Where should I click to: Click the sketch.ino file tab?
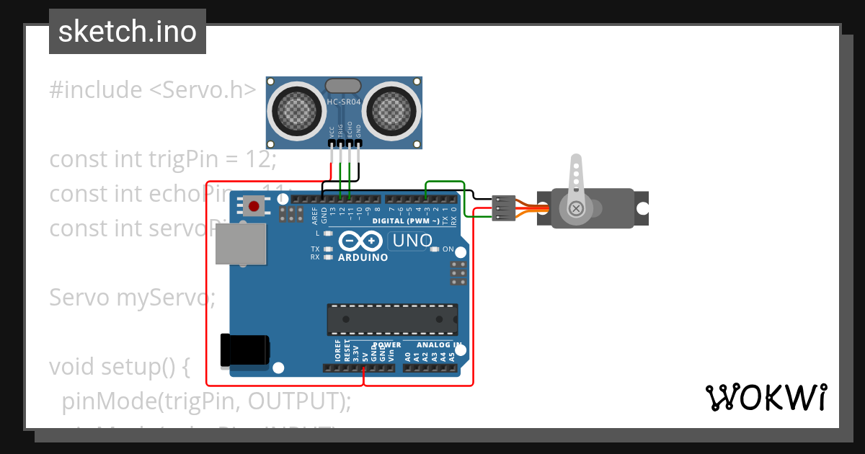(127, 32)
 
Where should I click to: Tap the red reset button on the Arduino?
(254, 206)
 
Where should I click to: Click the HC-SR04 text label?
(344, 102)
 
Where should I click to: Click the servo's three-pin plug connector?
(502, 208)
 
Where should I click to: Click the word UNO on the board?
(411, 241)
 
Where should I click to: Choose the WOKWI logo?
(766, 397)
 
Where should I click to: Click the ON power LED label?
(448, 249)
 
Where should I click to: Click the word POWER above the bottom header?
(387, 345)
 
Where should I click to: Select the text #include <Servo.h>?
(153, 90)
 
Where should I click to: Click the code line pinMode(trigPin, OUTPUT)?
(207, 401)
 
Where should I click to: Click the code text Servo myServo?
(132, 297)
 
